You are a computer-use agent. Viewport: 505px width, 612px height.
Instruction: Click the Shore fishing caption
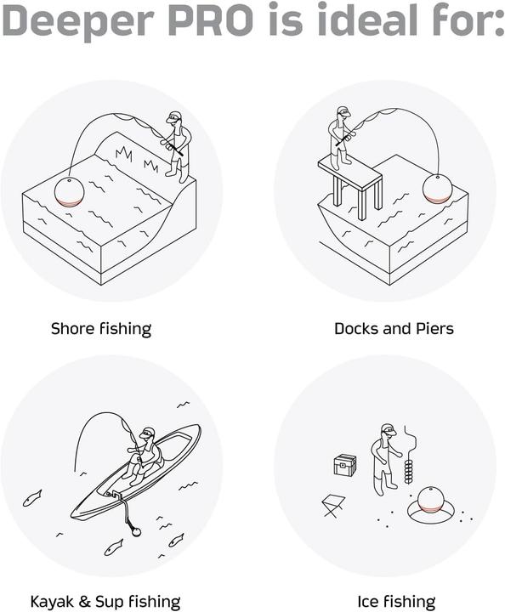[101, 328]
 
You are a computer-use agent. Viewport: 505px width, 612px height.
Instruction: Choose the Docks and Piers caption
[394, 328]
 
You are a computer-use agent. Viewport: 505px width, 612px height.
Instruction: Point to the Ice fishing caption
[397, 602]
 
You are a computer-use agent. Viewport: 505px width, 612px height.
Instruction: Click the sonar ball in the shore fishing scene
[70, 191]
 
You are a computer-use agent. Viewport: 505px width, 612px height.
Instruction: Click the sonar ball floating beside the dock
[437, 189]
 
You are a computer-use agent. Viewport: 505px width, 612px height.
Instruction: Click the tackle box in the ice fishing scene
[344, 464]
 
